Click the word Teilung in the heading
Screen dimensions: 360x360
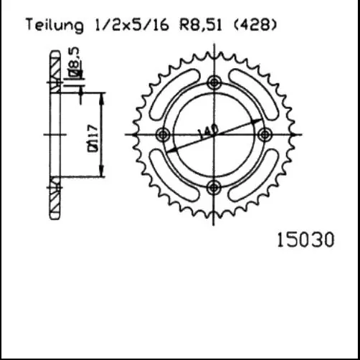tap(54, 26)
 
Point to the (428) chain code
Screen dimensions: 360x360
tap(255, 26)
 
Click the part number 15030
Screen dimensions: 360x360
tap(305, 241)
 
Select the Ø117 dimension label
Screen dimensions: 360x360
tap(94, 136)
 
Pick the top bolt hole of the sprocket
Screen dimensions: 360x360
tap(214, 82)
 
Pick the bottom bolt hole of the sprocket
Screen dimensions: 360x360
tap(214, 187)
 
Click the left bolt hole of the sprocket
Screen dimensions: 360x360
tap(162, 135)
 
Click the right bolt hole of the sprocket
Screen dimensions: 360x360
tap(265, 135)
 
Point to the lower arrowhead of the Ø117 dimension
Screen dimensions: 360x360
tap(105, 174)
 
